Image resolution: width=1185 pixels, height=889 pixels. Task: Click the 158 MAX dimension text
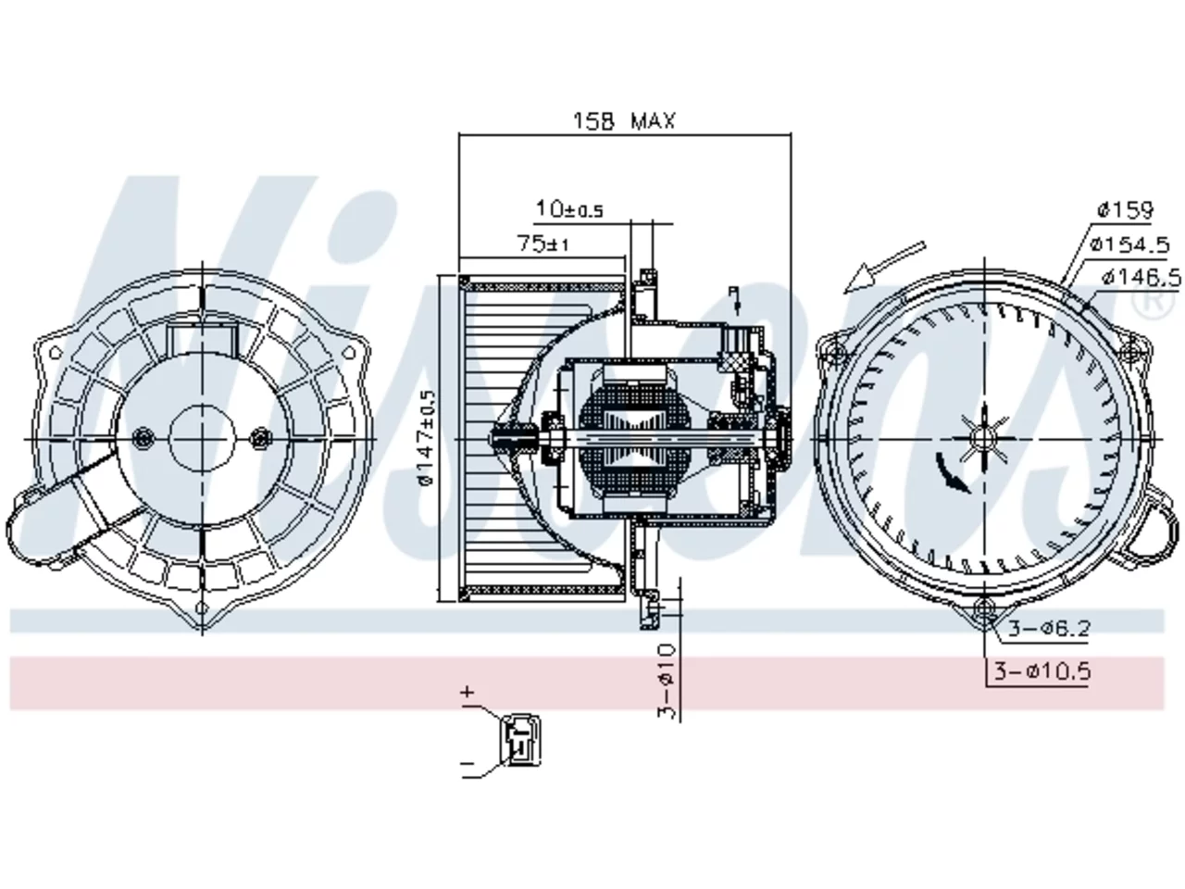coord(624,120)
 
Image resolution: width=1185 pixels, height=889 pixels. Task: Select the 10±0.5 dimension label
coord(569,209)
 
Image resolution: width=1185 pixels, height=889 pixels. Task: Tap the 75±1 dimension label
coord(543,244)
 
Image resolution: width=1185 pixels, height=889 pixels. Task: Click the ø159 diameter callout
coord(1125,210)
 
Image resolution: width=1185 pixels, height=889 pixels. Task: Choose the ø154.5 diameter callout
coord(1130,244)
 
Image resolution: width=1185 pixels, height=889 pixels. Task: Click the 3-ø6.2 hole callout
coord(1049,628)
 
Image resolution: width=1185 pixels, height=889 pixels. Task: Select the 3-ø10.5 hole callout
coord(1042,672)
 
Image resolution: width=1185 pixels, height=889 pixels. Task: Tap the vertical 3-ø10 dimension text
coord(667,682)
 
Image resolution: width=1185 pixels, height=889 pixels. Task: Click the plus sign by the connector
coord(468,692)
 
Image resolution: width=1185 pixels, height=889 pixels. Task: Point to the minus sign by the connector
coord(468,764)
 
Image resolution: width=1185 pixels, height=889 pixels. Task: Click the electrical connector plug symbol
coord(521,740)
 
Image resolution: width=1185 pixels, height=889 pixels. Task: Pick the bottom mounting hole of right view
coord(985,608)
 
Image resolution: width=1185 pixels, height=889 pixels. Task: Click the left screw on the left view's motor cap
coord(143,438)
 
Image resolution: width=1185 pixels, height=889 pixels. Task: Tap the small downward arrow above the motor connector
coord(734,300)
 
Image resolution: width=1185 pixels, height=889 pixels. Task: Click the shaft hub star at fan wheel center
coord(985,438)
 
